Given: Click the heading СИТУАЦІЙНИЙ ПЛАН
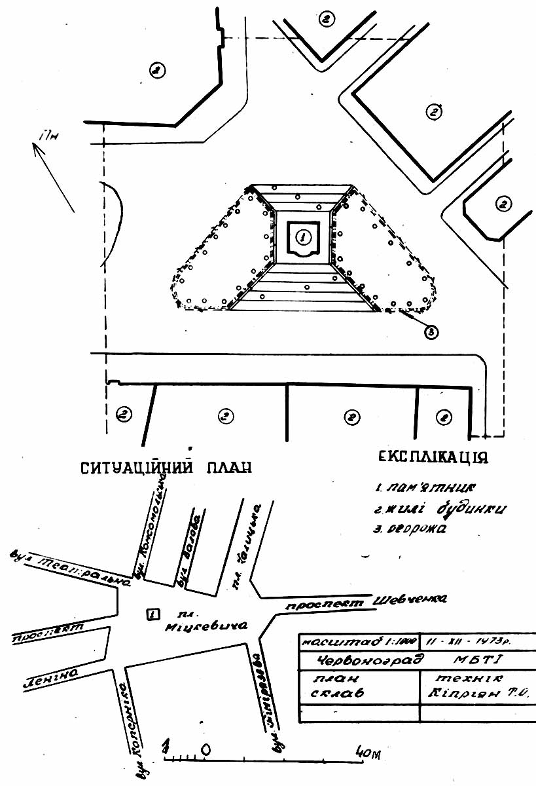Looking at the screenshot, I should (x=166, y=468).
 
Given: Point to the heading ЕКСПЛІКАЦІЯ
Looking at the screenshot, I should (x=433, y=457).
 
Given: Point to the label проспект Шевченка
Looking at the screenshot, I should (x=366, y=601).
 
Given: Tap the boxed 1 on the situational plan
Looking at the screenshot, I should (x=152, y=614).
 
